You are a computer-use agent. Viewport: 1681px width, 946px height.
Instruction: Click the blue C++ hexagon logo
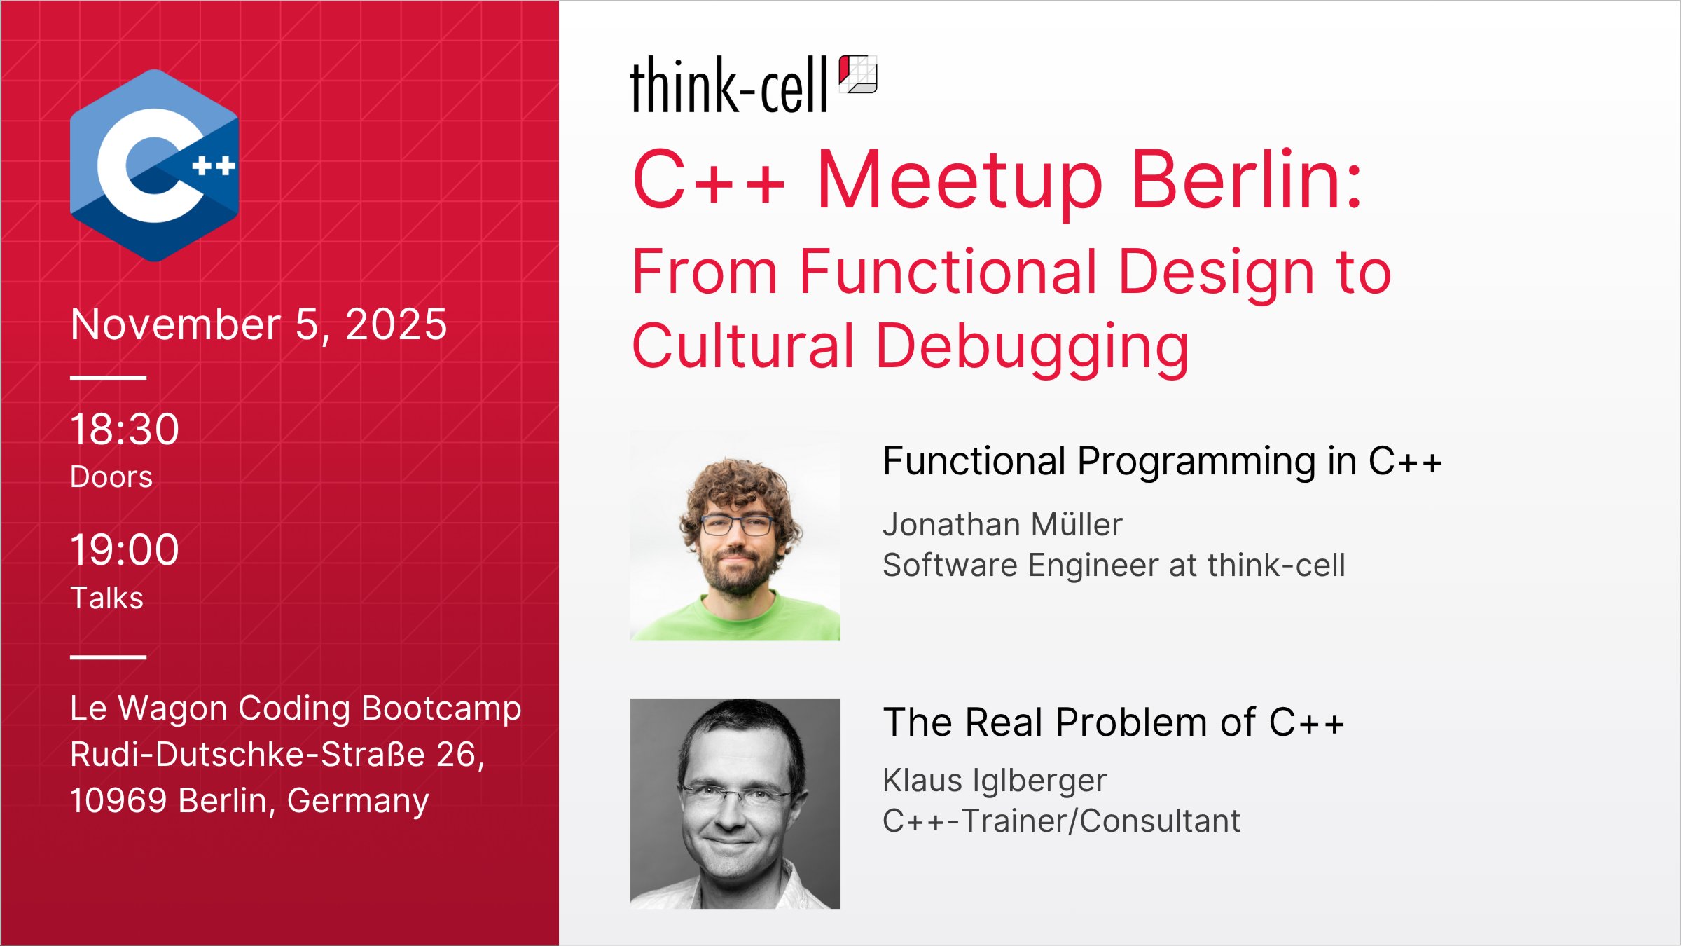click(x=154, y=165)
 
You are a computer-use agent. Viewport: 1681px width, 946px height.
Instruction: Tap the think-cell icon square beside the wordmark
click(x=858, y=74)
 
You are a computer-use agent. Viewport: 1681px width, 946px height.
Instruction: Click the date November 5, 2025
click(x=258, y=324)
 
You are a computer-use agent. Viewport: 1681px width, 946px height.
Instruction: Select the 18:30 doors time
click(x=125, y=429)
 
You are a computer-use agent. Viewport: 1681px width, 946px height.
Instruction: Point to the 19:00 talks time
click(x=125, y=549)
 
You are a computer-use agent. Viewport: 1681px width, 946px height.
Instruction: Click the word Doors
click(x=111, y=477)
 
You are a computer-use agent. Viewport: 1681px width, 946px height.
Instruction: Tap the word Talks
click(x=107, y=598)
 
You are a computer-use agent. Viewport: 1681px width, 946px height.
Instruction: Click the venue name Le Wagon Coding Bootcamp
click(x=296, y=708)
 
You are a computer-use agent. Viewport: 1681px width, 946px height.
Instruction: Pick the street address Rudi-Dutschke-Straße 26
click(x=277, y=755)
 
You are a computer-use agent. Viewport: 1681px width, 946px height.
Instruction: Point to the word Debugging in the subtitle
click(x=1032, y=346)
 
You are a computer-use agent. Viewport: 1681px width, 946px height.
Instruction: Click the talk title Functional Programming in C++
click(x=1162, y=461)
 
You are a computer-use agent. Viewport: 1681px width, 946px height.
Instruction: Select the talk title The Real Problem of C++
click(x=1114, y=722)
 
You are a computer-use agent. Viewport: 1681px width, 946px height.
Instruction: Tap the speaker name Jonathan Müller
click(x=1002, y=525)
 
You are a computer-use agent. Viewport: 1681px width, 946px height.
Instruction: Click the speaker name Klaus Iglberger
click(x=995, y=781)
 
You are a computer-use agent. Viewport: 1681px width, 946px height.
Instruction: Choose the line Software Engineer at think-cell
click(x=1114, y=565)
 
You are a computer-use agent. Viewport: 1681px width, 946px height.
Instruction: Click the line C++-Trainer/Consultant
click(x=1061, y=821)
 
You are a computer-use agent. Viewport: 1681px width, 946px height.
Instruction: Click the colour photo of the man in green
click(x=735, y=535)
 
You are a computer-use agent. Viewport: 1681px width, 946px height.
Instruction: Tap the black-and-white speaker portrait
click(x=735, y=804)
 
